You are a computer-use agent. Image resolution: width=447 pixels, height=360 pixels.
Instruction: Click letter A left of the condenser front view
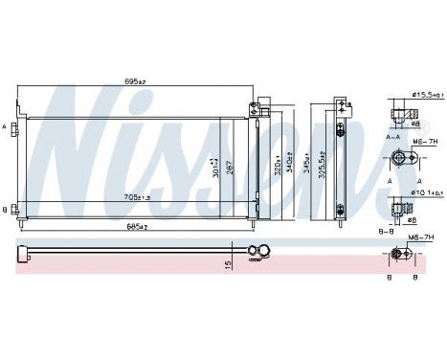click(7, 125)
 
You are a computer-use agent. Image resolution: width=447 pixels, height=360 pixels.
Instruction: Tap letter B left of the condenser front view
click(7, 208)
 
